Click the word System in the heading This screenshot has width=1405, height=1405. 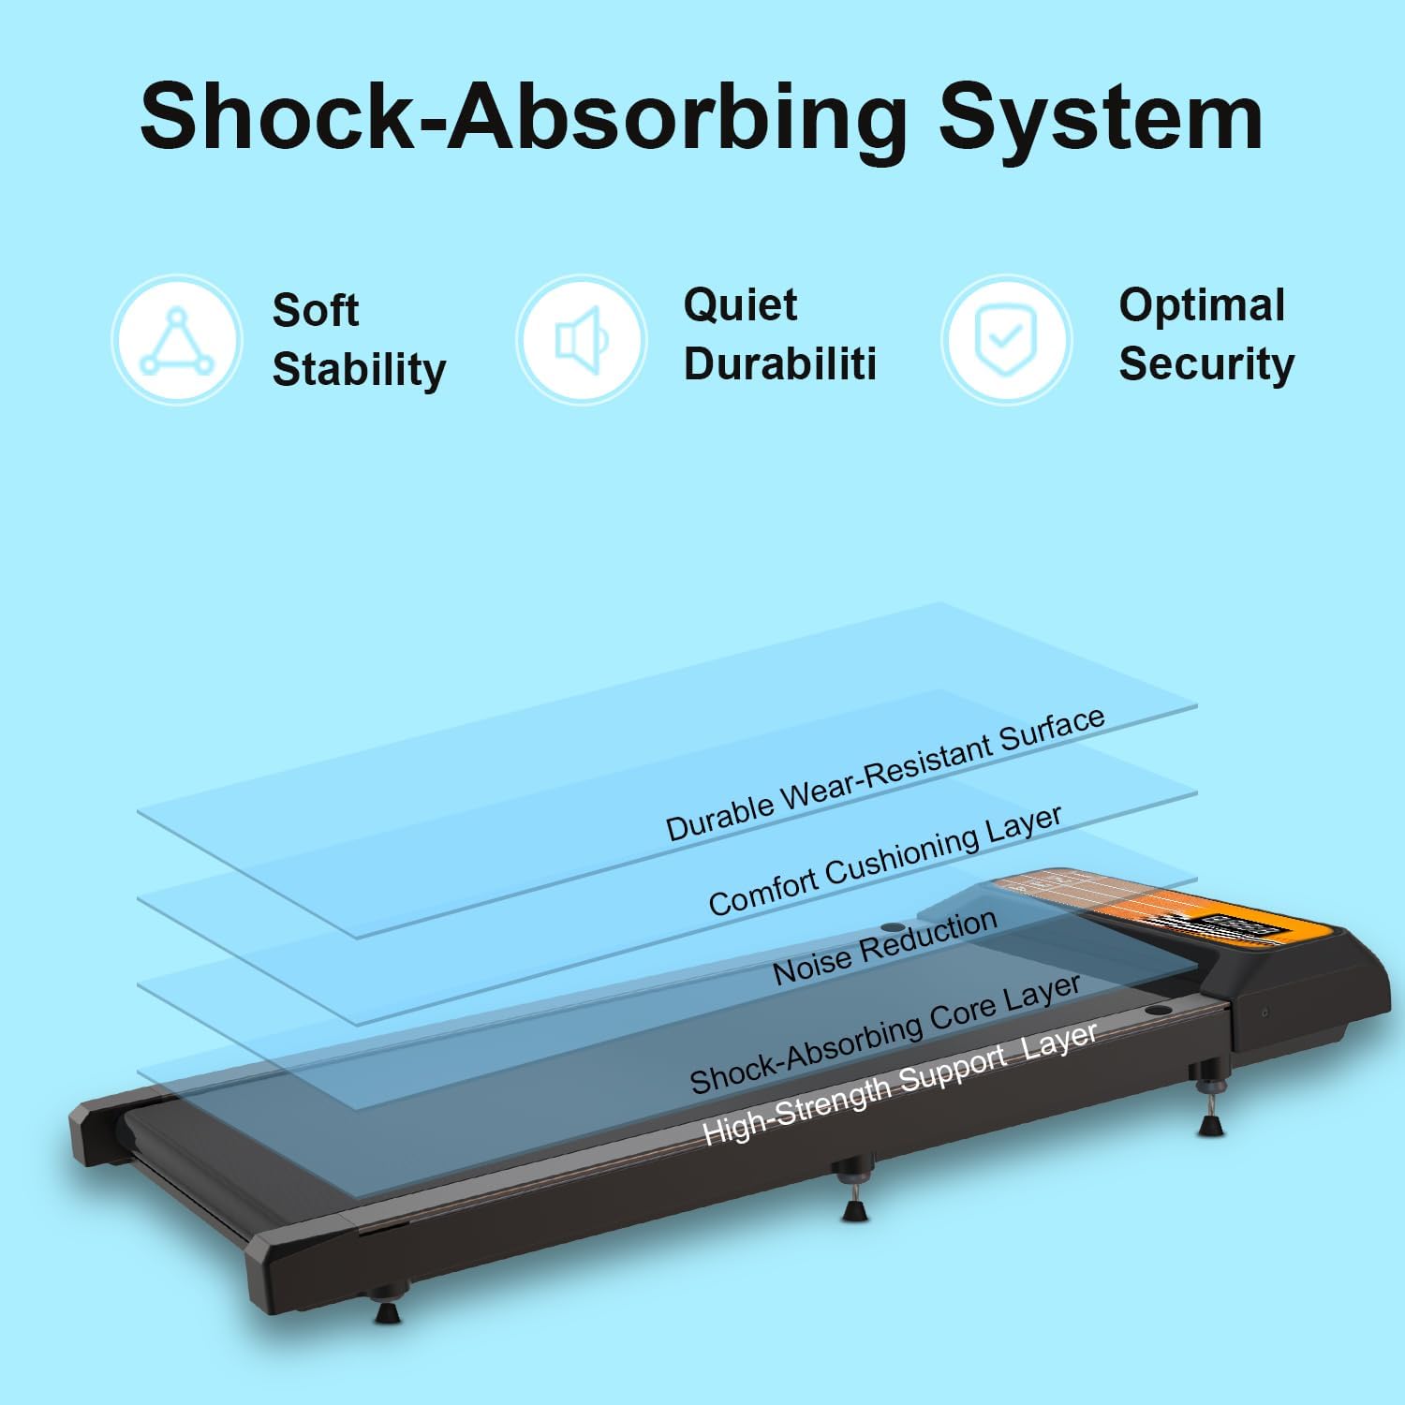[x=1101, y=116]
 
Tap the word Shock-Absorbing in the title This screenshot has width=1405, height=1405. [x=524, y=116]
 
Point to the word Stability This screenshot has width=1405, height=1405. [x=359, y=369]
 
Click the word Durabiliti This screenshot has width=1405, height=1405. [x=780, y=363]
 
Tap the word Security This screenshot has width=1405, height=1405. [x=1206, y=363]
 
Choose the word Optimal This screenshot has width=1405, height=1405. [x=1202, y=305]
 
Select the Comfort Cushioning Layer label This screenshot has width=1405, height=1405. [x=885, y=860]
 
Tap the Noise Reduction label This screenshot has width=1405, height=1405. [x=885, y=947]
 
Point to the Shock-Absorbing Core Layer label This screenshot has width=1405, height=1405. [x=885, y=1034]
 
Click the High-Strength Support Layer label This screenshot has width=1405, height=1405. [x=899, y=1083]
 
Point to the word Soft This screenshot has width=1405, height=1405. [x=316, y=310]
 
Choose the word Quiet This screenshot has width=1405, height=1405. [x=741, y=305]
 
